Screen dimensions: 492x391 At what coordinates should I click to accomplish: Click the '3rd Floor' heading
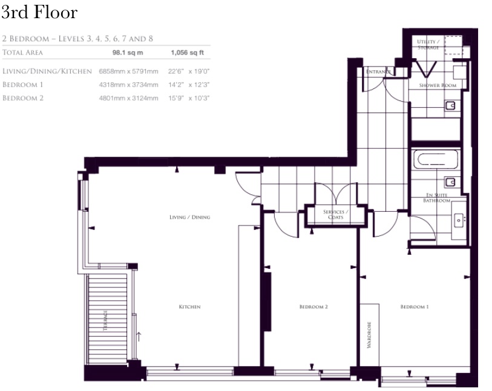[39, 13]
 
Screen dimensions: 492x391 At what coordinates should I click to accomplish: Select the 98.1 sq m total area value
[128, 53]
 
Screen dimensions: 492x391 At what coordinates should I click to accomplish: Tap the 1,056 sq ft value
[188, 53]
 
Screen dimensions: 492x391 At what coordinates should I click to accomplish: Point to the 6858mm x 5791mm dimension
[129, 71]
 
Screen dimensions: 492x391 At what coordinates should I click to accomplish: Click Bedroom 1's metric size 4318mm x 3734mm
[129, 85]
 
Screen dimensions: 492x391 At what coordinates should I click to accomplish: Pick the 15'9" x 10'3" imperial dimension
[189, 98]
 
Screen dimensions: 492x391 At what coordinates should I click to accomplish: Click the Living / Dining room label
[190, 217]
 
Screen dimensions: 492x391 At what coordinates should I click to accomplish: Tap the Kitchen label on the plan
[190, 307]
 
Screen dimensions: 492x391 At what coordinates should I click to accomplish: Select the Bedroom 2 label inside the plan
[313, 307]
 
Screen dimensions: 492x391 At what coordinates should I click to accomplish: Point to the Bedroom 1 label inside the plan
[415, 307]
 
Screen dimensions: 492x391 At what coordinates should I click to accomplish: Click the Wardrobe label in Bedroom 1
[369, 335]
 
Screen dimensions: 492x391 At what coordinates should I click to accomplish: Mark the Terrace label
[105, 320]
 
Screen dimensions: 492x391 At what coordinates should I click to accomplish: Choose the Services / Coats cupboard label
[335, 214]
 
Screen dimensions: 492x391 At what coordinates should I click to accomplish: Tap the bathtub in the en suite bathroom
[436, 159]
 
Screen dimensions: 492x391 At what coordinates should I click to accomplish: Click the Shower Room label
[438, 85]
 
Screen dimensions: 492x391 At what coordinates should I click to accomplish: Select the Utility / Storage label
[428, 44]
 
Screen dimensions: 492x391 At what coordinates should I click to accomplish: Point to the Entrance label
[378, 71]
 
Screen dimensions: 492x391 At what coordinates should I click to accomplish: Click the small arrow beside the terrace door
[139, 337]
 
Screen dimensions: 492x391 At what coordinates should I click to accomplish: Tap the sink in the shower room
[450, 105]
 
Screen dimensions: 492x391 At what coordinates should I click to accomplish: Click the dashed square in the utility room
[453, 45]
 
